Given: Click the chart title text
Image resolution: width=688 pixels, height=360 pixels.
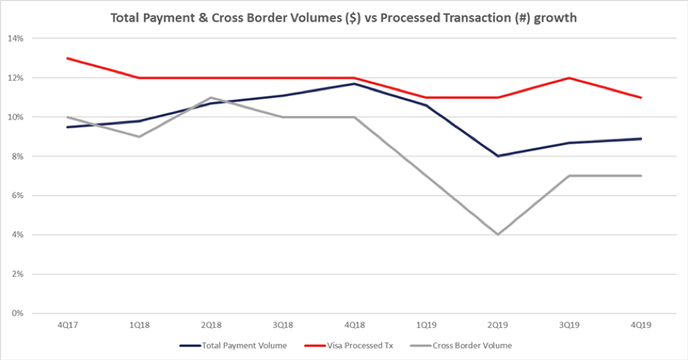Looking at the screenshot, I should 344,18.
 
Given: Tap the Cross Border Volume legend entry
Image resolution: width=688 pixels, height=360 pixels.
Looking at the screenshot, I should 470,344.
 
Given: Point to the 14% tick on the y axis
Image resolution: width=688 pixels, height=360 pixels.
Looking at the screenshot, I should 18,38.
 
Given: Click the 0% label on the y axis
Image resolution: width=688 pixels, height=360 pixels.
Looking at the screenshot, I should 20,314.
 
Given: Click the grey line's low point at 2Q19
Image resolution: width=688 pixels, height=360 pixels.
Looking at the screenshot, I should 498,235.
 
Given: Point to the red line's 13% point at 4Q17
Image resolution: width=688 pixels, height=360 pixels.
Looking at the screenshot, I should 67,58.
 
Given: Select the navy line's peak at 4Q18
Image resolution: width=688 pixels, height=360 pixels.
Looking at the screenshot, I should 355,84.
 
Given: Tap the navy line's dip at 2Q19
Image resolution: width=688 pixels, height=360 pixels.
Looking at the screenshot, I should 498,155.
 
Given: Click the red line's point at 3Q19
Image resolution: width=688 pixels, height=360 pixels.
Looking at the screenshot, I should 570,78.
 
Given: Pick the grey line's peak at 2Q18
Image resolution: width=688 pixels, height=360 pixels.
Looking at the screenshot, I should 211,98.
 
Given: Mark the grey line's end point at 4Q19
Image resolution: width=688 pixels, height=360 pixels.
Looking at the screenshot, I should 642,176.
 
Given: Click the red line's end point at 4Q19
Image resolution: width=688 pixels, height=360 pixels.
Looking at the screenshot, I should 642,98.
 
